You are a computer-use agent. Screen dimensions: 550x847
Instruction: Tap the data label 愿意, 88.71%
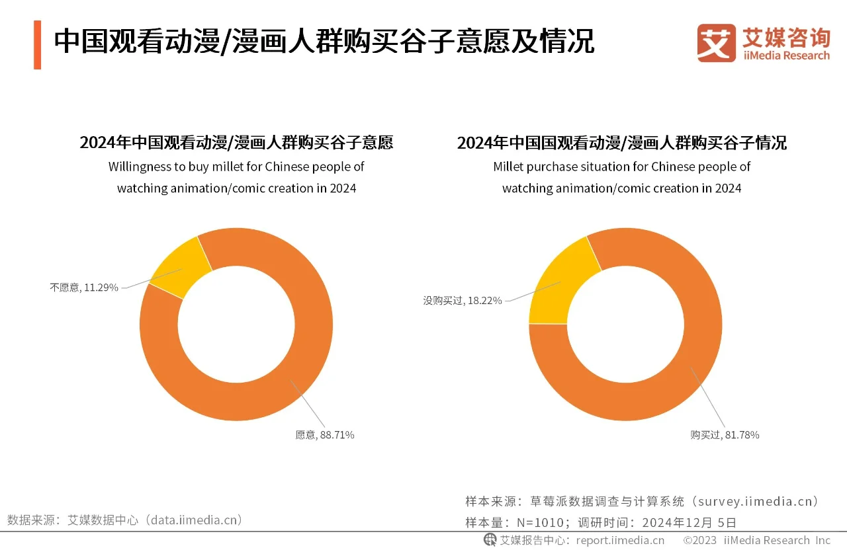coord(324,435)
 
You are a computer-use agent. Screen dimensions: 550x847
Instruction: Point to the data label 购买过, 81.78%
coord(725,435)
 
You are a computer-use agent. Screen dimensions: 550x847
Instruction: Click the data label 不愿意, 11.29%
coord(84,288)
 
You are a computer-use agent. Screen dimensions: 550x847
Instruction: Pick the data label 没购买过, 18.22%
coord(463,300)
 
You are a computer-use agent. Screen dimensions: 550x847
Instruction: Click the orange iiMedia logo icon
coord(716,43)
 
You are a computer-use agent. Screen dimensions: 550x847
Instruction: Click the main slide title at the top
coord(324,42)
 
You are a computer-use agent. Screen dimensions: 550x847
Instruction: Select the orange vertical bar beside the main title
coord(37,44)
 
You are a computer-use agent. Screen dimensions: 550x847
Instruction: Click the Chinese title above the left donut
coord(236,143)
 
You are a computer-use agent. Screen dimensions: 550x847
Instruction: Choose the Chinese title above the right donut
coord(621,143)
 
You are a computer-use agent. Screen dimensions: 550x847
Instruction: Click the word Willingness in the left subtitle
coord(138,167)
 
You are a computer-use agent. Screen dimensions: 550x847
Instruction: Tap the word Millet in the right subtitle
coord(508,167)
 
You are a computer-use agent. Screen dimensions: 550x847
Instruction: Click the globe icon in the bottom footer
coord(490,540)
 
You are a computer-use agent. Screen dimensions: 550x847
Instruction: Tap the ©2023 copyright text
coord(701,540)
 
